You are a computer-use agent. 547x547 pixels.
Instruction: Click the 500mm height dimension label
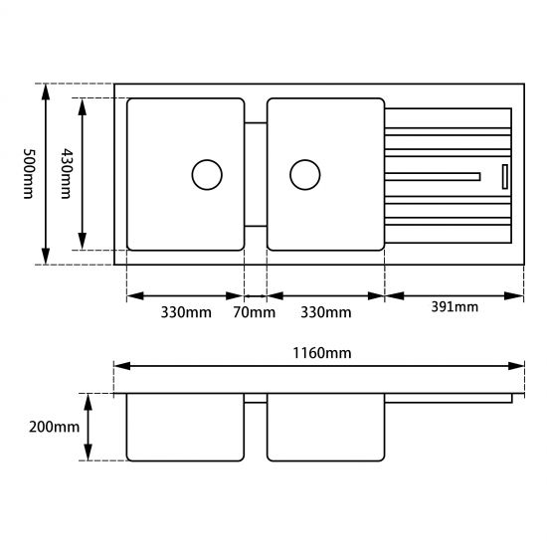[x=27, y=173]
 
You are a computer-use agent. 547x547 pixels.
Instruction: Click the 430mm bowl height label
[x=67, y=173]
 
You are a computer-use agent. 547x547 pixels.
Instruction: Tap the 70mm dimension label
[x=255, y=313]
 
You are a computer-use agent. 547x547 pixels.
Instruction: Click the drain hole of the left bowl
[x=206, y=175]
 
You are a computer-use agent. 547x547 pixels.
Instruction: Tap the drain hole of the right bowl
[x=304, y=175]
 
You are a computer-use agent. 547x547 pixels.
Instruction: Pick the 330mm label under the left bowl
[x=186, y=313]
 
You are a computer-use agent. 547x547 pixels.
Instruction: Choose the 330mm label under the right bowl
[x=326, y=313]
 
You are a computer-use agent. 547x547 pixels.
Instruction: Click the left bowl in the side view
[x=186, y=427]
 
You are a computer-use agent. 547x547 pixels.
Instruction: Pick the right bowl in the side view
[x=325, y=427]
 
